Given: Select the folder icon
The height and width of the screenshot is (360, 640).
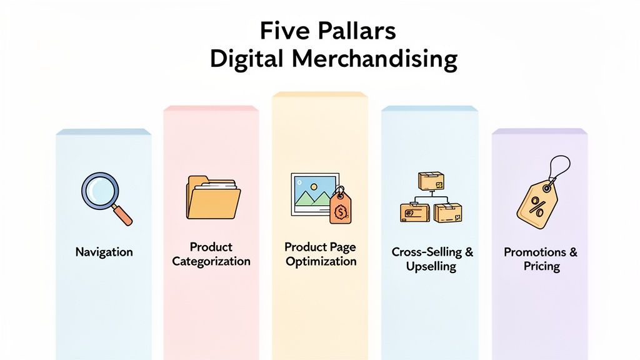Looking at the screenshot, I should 213,197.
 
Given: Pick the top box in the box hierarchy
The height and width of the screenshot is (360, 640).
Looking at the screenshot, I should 431,182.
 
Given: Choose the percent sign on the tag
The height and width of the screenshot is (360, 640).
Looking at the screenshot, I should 536,204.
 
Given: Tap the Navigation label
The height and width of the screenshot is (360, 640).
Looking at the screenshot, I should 104,252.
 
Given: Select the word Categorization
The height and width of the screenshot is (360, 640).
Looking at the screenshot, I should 211,261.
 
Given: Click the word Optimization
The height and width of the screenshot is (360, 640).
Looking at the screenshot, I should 321,261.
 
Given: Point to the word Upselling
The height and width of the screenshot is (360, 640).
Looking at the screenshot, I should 431,267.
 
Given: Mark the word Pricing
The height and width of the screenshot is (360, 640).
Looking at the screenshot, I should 541,267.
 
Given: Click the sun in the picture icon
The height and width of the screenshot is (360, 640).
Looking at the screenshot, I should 303,185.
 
